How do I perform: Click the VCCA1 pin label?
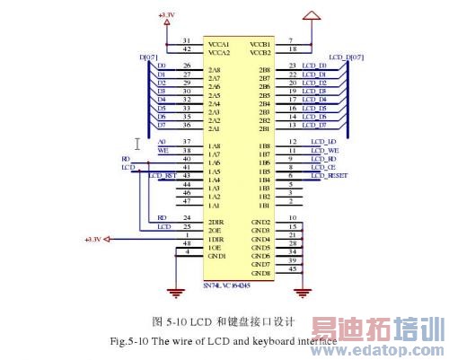[x=219, y=41]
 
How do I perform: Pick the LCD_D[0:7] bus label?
[x=348, y=57]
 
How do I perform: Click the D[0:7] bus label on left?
[x=148, y=58]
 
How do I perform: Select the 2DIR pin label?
[x=216, y=219]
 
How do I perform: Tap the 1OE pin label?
[x=215, y=244]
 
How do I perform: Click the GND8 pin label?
[x=260, y=272]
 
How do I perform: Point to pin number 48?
[x=186, y=244]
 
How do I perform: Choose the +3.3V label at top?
[x=167, y=14]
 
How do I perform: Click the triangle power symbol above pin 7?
[x=311, y=15]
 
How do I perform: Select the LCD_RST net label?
[x=161, y=175]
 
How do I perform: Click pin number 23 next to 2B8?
[x=293, y=66]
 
